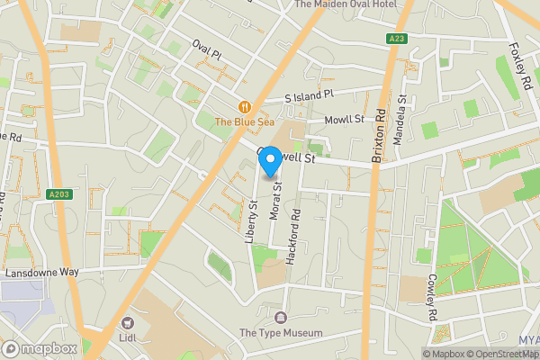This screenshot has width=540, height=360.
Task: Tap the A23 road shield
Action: click(397, 39)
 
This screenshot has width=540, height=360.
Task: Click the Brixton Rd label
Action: click(379, 135)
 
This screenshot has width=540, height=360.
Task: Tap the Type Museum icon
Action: click(281, 318)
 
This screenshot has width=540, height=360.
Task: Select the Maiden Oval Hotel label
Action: click(346, 4)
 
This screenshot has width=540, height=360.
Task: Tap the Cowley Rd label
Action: click(432, 298)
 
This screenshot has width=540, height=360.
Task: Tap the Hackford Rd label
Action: click(293, 237)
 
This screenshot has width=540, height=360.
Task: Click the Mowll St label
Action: click(346, 119)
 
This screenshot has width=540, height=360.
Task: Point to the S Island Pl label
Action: click(309, 94)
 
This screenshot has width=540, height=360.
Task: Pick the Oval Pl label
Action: click(206, 50)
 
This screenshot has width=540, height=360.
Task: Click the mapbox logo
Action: click(40, 349)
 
